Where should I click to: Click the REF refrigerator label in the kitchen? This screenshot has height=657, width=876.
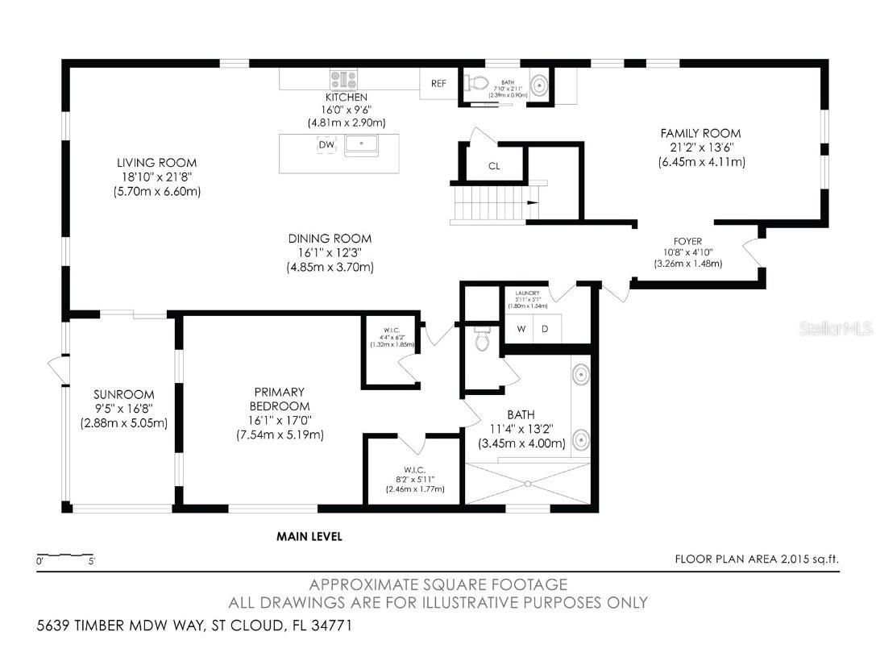click(x=438, y=83)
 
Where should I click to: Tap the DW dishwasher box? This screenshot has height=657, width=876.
click(x=326, y=145)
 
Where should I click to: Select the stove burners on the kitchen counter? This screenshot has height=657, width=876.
click(x=343, y=79)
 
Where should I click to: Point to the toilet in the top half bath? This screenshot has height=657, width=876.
click(x=476, y=82)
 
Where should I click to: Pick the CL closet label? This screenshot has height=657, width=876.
click(x=494, y=167)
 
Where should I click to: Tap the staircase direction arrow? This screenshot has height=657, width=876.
click(x=533, y=203)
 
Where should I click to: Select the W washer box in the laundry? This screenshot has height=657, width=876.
click(x=521, y=329)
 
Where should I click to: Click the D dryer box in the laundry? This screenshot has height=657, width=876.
click(x=545, y=329)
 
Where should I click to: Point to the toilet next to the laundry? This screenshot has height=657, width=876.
click(x=483, y=340)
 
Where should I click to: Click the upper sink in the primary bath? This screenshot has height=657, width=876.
click(x=579, y=375)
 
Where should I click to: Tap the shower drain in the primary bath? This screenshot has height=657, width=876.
click(x=527, y=484)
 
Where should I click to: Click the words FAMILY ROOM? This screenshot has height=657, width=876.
click(x=700, y=133)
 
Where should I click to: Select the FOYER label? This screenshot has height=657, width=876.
click(x=687, y=241)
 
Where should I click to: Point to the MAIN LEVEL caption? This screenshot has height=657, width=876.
click(x=309, y=536)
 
